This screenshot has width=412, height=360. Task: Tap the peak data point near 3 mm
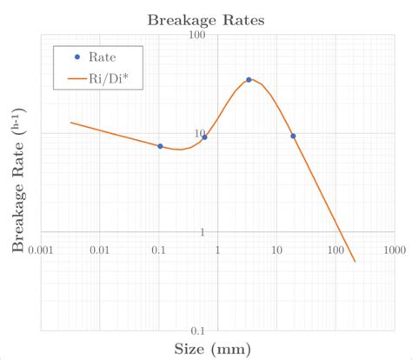249,80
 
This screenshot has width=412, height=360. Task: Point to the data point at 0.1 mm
160,146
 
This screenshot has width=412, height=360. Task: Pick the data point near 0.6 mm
204,137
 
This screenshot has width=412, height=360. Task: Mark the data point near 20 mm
293,136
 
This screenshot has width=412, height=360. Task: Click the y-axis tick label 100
198,35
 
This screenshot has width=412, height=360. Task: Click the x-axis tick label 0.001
40,250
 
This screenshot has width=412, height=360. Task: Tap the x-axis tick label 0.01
99,250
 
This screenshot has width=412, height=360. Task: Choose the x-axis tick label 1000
394,250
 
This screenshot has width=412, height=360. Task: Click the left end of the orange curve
70,123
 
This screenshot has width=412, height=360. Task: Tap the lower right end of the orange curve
355,261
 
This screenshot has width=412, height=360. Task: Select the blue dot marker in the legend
76,57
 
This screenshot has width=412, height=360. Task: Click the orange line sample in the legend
76,80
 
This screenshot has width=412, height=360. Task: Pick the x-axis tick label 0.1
158,250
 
